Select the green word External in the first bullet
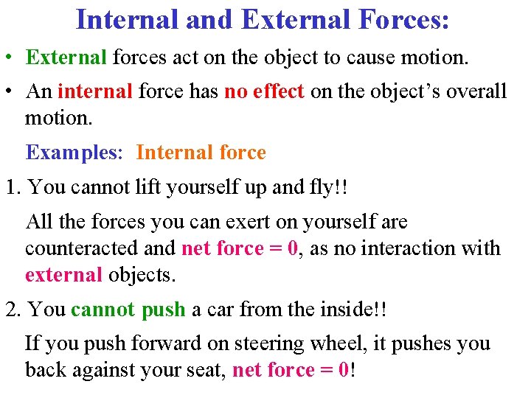click(67, 57)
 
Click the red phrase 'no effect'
click(264, 91)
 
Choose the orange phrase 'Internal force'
click(201, 153)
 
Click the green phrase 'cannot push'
click(128, 309)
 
